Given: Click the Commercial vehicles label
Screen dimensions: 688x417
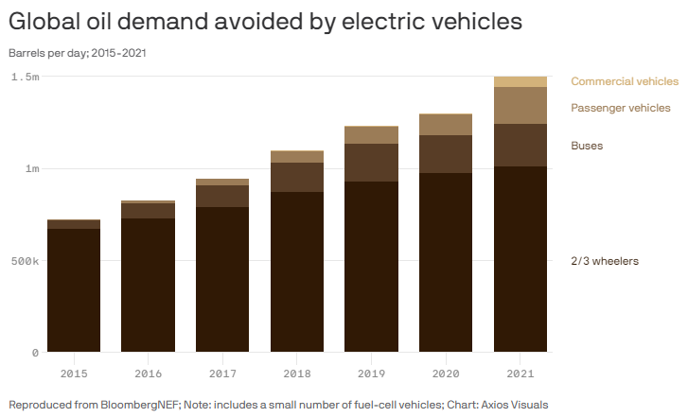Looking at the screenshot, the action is coord(625,81).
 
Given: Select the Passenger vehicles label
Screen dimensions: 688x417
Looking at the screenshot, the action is coord(621,108).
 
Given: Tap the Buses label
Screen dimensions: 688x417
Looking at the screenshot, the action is coord(587,146).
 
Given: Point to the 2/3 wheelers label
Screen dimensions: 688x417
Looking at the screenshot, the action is coord(605,261).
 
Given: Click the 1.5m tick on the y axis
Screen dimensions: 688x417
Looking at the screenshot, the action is coord(26,78).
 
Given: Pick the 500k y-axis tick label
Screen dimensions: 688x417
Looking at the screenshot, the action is coord(26,261).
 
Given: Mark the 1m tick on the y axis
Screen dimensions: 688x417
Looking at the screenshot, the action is coord(32,169).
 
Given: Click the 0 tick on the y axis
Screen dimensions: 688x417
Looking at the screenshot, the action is coord(36,353).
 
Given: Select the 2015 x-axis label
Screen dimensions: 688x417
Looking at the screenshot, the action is coord(74,374).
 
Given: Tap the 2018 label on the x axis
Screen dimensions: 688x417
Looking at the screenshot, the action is coord(297,374).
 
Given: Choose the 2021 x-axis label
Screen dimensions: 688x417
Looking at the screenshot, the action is coord(520,374).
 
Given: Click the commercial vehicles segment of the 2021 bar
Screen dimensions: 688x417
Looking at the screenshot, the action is coord(520,82).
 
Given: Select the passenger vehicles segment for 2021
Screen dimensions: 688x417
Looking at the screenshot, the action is coord(520,106).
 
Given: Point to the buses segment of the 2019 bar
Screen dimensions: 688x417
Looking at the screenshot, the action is coord(371,163).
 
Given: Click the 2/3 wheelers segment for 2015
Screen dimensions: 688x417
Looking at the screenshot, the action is coord(74,290).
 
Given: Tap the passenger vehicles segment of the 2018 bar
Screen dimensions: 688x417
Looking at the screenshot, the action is coord(297,157).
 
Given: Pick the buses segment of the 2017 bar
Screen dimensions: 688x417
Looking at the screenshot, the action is coord(222,197).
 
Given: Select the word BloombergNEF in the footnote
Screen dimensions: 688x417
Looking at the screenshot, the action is coord(140,405).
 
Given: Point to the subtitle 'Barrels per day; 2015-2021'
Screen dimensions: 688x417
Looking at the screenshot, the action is coord(78,53).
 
